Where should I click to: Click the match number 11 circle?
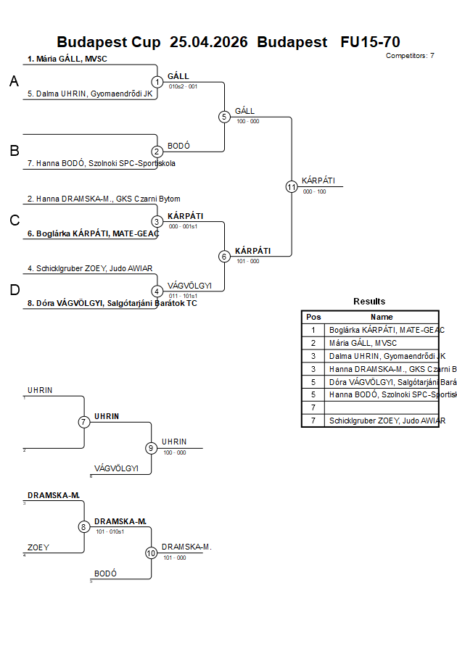[292, 186]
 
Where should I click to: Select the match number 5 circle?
[224, 117]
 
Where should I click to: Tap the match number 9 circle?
[151, 448]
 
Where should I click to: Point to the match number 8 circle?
[84, 526]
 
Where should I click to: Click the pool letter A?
[14, 83]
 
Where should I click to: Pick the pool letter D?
[14, 290]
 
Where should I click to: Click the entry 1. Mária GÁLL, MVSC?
[67, 59]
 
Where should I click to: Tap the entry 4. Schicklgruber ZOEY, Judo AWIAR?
[90, 268]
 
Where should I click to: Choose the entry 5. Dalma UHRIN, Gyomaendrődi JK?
[90, 94]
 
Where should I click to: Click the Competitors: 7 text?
[410, 56]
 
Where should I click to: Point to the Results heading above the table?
[369, 302]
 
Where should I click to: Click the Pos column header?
[313, 317]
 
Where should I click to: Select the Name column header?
[382, 317]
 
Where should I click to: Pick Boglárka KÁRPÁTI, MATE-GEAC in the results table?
[384, 330]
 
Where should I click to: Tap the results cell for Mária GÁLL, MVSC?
[363, 343]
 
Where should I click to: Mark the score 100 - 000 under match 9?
[174, 453]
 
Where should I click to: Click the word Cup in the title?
[147, 42]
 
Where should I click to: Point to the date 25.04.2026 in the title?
[208, 42]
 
